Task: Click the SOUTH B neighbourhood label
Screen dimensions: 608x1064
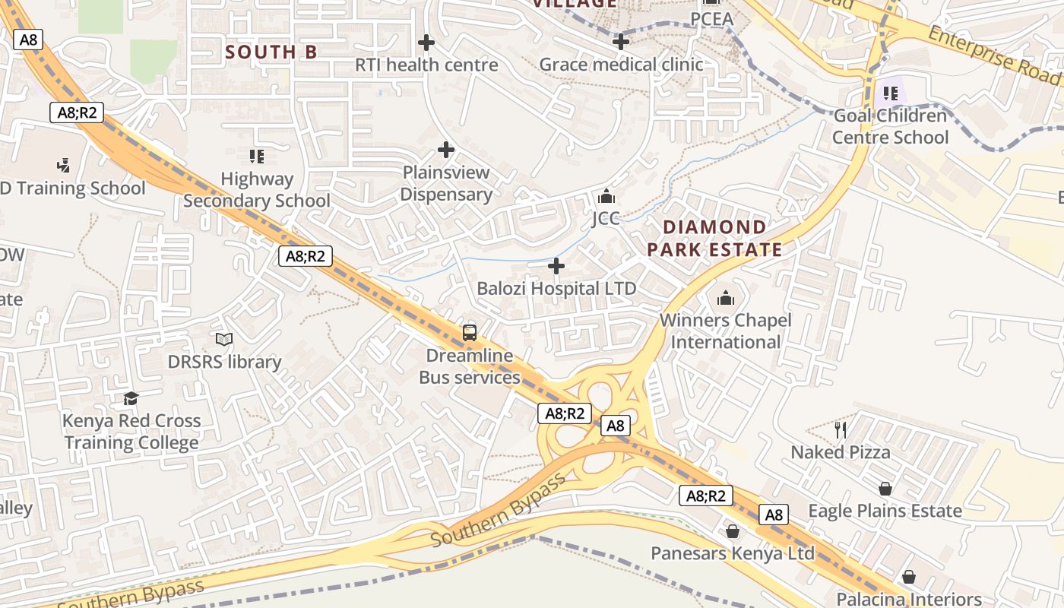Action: [x=271, y=52]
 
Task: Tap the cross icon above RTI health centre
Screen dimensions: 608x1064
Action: [x=426, y=42]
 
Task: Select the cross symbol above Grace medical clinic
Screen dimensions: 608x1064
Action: [x=621, y=41]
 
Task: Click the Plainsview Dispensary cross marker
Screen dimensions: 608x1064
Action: [x=446, y=150]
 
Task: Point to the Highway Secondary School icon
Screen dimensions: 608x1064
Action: [x=257, y=157]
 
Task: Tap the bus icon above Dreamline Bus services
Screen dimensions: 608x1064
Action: [x=470, y=333]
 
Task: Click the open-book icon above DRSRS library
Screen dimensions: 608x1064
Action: [x=224, y=339]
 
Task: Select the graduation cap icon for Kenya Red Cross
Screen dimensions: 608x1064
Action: [x=131, y=398]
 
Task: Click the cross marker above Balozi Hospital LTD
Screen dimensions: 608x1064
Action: [x=556, y=266]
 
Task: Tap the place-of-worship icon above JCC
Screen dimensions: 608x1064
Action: [x=606, y=197]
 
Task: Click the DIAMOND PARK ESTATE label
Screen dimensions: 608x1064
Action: [x=714, y=238]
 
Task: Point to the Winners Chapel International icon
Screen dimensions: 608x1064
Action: [x=726, y=298]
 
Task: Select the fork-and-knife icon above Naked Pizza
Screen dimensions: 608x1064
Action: [x=841, y=430]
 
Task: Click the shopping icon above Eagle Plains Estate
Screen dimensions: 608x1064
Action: [x=885, y=488]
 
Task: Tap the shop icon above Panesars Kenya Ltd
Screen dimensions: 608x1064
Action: [x=733, y=530]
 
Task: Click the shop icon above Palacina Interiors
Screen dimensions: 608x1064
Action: [x=909, y=577]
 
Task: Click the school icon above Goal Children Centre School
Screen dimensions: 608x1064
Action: [x=891, y=93]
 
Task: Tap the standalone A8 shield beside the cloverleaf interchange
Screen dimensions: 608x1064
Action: [x=616, y=426]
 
